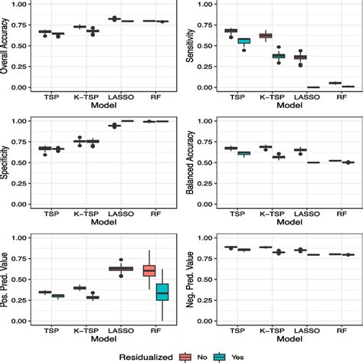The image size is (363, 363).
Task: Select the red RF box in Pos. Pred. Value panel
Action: (149, 271)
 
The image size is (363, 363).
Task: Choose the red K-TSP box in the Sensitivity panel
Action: (266, 35)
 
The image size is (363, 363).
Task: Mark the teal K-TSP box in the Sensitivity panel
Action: (279, 56)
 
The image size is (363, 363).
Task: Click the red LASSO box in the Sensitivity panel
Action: (300, 57)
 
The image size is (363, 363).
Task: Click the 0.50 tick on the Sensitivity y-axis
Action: (206, 46)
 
